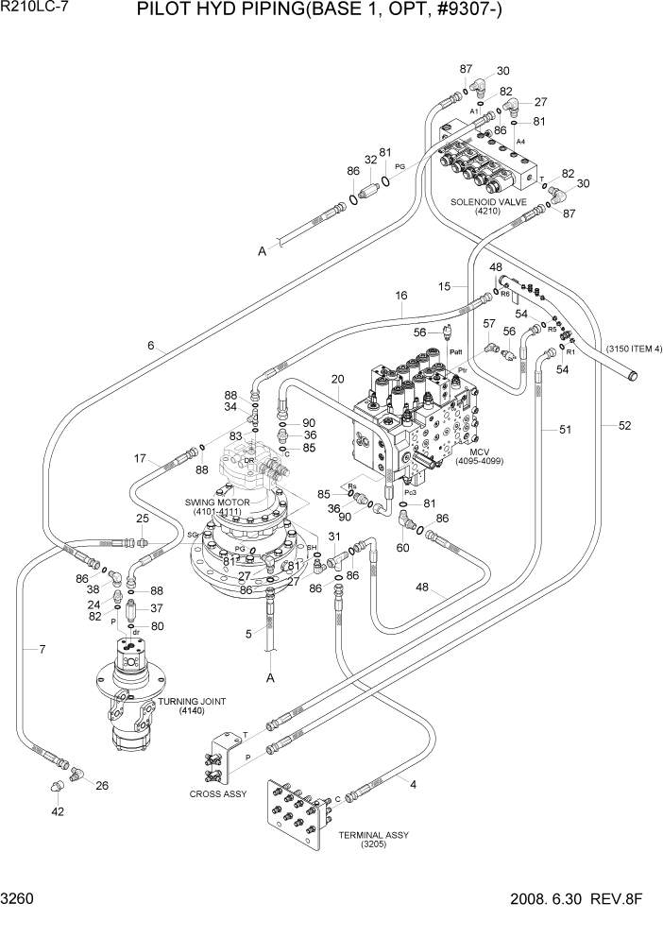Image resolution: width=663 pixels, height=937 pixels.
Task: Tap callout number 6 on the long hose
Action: coord(150,347)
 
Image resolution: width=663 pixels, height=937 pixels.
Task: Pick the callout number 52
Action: coord(623,426)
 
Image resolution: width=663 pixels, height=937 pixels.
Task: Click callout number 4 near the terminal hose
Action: coord(413,783)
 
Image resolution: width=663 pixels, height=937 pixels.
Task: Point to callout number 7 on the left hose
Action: coord(42,648)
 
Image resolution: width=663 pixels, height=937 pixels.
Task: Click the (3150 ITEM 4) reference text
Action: coord(626,349)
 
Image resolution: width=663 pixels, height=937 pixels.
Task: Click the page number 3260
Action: coord(19,925)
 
